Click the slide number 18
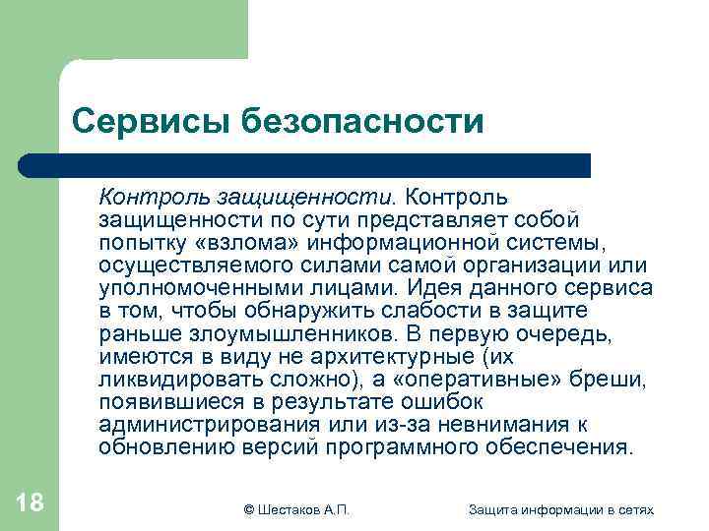click(30, 503)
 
